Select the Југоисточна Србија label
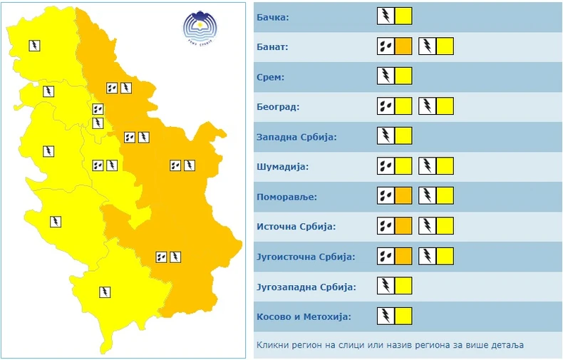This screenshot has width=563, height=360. [x=305, y=257]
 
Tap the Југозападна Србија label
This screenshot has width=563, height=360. [x=305, y=287]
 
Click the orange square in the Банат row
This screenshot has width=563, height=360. [x=403, y=47]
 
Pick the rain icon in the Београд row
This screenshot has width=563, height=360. [x=385, y=107]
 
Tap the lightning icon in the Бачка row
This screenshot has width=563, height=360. [x=385, y=16]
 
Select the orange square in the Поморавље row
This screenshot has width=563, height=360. [x=403, y=196]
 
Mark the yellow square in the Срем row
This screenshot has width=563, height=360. [x=403, y=76]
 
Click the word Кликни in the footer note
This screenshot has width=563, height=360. [x=272, y=345]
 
